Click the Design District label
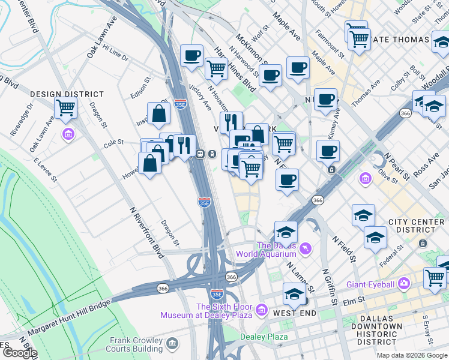(67, 94)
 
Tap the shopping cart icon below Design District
(65, 109)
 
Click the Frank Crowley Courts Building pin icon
(173, 343)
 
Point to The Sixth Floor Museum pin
(261, 310)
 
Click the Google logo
(19, 353)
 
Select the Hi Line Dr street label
(115, 52)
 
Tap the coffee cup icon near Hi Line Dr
(191, 56)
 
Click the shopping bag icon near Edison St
(158, 113)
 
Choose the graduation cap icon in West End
(294, 294)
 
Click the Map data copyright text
(411, 355)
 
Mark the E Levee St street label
(45, 170)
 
